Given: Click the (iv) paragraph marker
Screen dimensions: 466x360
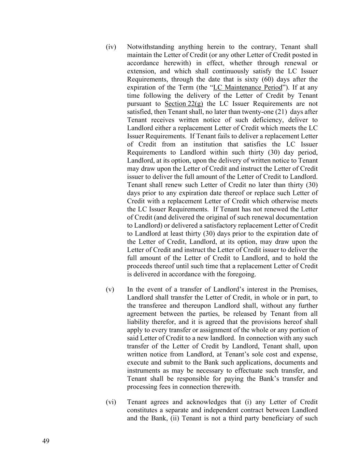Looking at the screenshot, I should [111, 47].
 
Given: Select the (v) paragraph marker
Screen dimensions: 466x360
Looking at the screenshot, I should [110, 290].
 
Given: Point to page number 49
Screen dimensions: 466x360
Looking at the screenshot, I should [46, 441].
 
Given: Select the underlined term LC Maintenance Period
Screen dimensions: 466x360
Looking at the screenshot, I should [248, 87].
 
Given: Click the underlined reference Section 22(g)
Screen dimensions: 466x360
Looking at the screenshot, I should [184, 104].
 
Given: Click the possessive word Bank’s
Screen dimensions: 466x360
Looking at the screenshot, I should [272, 379].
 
